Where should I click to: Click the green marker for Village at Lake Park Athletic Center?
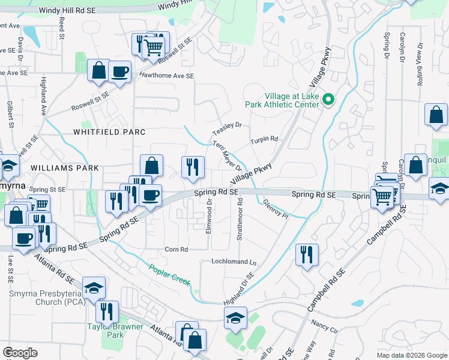pyautogui.click(x=328, y=100)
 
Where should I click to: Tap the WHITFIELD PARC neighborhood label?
pyautogui.click(x=101, y=131)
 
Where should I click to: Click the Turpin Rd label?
pyautogui.click(x=264, y=139)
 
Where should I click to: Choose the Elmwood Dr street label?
pyautogui.click(x=210, y=218)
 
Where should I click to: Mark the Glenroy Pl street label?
pyautogui.click(x=276, y=209)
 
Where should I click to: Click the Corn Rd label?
pyautogui.click(x=176, y=249)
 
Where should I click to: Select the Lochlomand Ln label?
pyautogui.click(x=234, y=262)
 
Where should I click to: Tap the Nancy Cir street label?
pyautogui.click(x=325, y=326)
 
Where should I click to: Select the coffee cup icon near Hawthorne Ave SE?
pyautogui.click(x=119, y=72)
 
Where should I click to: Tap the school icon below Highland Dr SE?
pyautogui.click(x=236, y=319)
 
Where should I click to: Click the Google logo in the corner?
pyautogui.click(x=20, y=353)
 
